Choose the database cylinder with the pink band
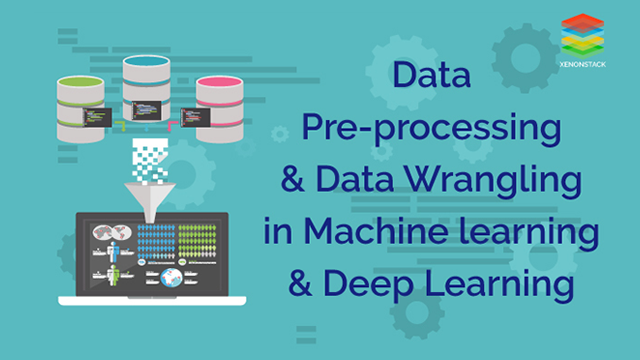click(x=220, y=104)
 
